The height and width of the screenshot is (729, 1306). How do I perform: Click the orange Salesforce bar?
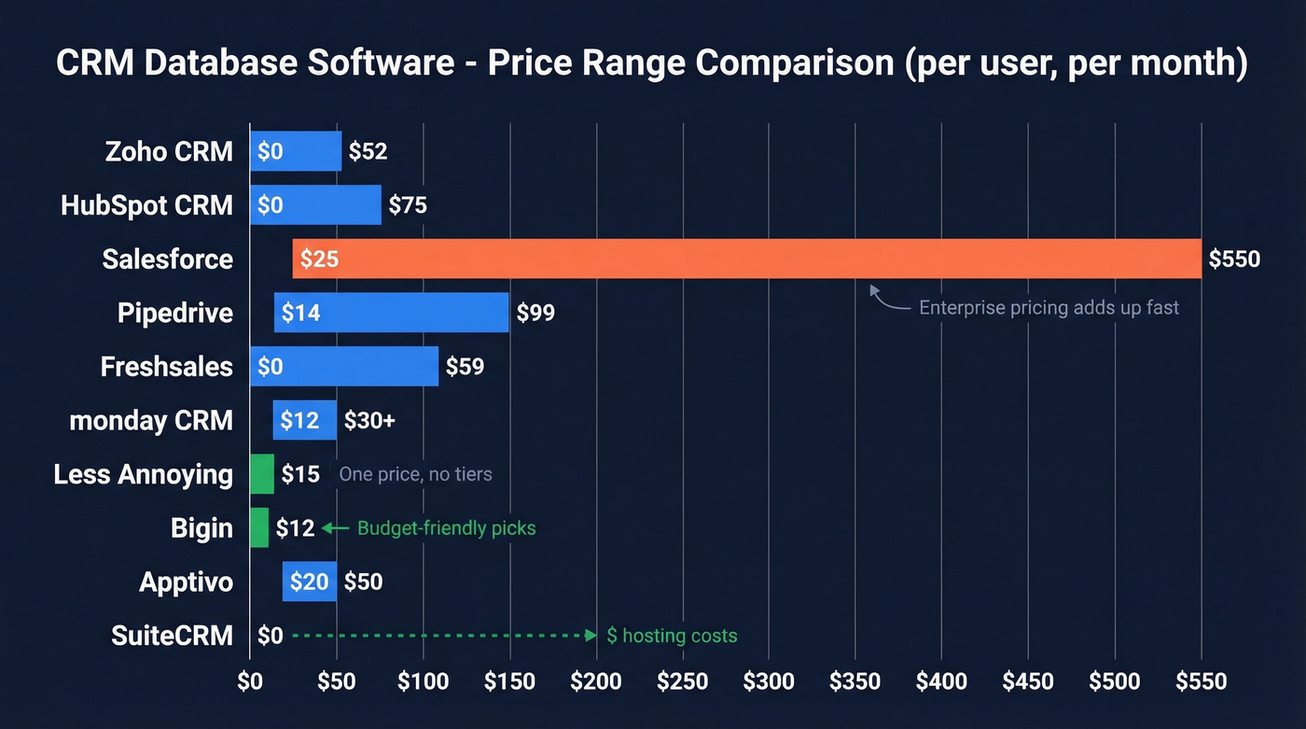tap(746, 259)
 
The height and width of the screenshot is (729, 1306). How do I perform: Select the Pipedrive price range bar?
tap(392, 313)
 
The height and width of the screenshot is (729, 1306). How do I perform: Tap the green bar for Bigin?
tap(259, 527)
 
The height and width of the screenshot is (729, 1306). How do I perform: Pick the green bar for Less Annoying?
tap(262, 473)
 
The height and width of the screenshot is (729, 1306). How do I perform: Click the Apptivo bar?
tap(310, 582)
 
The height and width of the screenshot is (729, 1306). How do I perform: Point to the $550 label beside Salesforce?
tap(1233, 259)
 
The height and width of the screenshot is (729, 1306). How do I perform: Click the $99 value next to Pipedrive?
tap(535, 313)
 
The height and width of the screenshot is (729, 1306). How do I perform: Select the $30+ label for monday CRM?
tap(369, 421)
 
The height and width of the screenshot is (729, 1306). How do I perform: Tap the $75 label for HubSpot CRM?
tap(408, 204)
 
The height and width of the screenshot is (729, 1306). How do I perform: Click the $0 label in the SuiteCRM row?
tap(270, 636)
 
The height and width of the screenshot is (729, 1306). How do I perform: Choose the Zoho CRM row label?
tap(169, 151)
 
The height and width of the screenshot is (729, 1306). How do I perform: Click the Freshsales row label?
tap(166, 367)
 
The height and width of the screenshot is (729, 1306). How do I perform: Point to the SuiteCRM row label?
tap(172, 636)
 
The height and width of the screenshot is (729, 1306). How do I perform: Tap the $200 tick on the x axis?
tap(595, 681)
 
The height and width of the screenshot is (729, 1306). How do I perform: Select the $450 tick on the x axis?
tap(1028, 681)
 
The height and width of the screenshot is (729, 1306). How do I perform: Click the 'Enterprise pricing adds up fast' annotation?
tap(1049, 307)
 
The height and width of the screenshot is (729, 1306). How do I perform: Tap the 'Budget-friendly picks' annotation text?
tap(446, 528)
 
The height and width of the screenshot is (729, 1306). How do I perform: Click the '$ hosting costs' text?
tap(672, 636)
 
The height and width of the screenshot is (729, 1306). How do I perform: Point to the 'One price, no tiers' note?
tap(415, 474)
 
